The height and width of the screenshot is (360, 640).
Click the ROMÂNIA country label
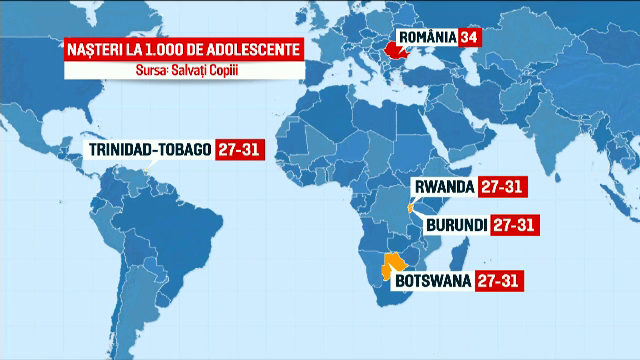(428, 37)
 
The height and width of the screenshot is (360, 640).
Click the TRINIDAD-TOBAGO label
(149, 150)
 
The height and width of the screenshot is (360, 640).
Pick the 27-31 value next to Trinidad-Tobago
(236, 150)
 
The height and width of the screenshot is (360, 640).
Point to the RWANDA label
(444, 187)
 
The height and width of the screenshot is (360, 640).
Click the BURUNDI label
(456, 225)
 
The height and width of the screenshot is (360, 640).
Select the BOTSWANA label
(434, 280)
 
